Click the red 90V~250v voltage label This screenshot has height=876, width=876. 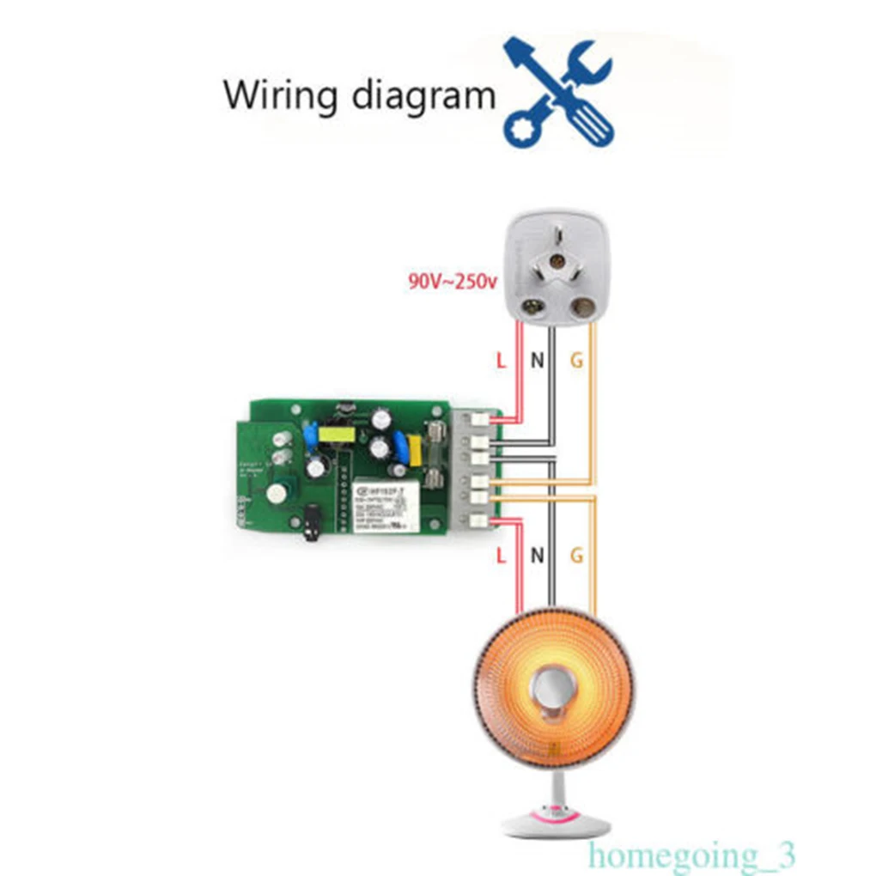coord(453,281)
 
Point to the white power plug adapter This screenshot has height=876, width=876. coord(555,267)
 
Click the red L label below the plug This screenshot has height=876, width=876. coord(502,361)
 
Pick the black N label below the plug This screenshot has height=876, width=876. coord(538,361)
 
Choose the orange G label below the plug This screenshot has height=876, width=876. coord(577,361)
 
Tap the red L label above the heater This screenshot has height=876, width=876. coord(502,556)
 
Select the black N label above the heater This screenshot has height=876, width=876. coord(538,556)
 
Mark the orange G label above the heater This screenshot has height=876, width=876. coord(577,556)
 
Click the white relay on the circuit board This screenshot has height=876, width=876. coord(386,507)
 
